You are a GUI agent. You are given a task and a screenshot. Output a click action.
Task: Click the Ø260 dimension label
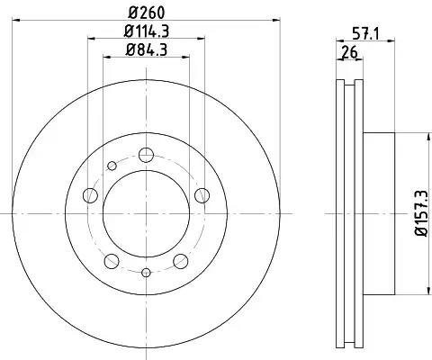[147, 13]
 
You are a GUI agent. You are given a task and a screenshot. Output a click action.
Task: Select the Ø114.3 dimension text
[147, 31]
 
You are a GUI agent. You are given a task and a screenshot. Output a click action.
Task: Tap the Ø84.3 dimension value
[147, 49]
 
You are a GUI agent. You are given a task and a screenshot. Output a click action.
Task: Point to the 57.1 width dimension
[365, 33]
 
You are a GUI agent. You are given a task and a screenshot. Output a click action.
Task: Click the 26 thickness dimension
[350, 53]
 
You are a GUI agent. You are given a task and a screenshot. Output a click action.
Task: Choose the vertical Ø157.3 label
[421, 213]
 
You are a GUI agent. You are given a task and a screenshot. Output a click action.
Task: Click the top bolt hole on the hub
[146, 155]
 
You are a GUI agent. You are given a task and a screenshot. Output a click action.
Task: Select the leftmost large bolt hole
[90, 195]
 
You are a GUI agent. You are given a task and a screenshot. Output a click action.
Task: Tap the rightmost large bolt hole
[202, 195]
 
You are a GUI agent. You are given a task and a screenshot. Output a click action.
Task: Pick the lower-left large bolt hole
[112, 261]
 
